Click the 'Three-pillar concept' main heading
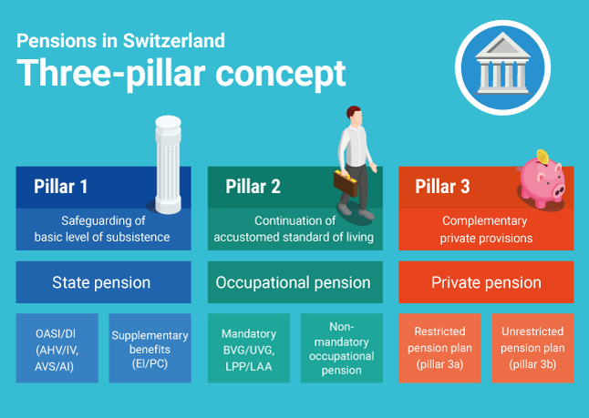[x=181, y=74]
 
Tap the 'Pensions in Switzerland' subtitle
[x=120, y=40]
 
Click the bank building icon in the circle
[x=502, y=64]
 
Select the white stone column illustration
[x=168, y=164]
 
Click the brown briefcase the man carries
[x=346, y=183]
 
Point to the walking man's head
[x=355, y=115]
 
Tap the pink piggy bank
[x=542, y=183]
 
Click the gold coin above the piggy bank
[x=542, y=157]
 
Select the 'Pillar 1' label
[x=60, y=186]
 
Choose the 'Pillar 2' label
[x=253, y=186]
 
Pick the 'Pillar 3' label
[x=442, y=186]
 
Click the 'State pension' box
[x=103, y=282]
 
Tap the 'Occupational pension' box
[x=295, y=282]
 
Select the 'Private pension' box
[x=486, y=282]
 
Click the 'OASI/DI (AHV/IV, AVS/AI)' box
[x=57, y=348]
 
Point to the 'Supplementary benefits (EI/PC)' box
[x=150, y=348]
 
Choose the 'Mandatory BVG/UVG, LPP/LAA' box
[x=249, y=348]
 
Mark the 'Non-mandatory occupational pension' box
[x=341, y=348]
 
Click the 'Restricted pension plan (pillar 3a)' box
[x=439, y=348]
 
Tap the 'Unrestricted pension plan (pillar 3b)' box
[x=532, y=348]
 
